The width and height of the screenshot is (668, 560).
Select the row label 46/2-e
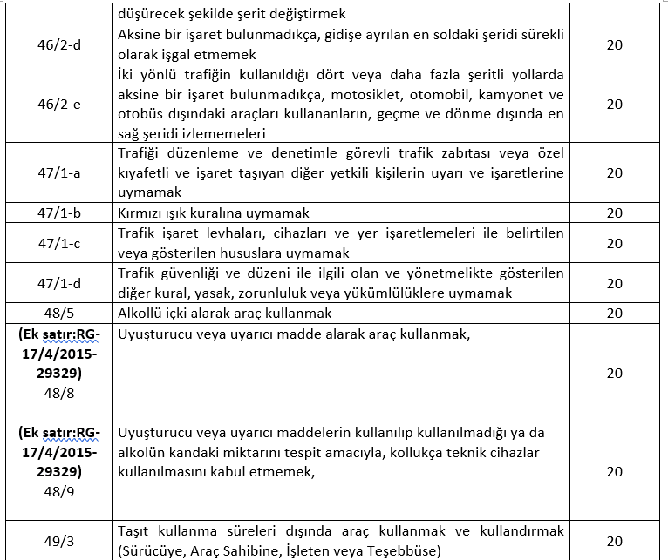pyautogui.click(x=59, y=104)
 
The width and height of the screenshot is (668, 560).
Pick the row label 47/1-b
pyautogui.click(x=59, y=213)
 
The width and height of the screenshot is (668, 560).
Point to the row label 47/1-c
pyautogui.click(x=59, y=243)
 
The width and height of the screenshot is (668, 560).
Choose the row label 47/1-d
pyautogui.click(x=59, y=282)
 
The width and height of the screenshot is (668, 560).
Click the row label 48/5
pyautogui.click(x=59, y=313)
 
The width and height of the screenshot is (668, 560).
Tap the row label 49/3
pyautogui.click(x=59, y=540)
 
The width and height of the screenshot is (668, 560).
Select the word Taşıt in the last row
pyautogui.click(x=135, y=531)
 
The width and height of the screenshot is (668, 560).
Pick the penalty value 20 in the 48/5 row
pyautogui.click(x=614, y=313)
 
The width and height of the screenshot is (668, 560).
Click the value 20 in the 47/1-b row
pyautogui.click(x=614, y=213)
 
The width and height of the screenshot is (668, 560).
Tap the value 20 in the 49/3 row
pyautogui.click(x=614, y=540)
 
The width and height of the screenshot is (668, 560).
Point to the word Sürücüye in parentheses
pyautogui.click(x=151, y=550)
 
